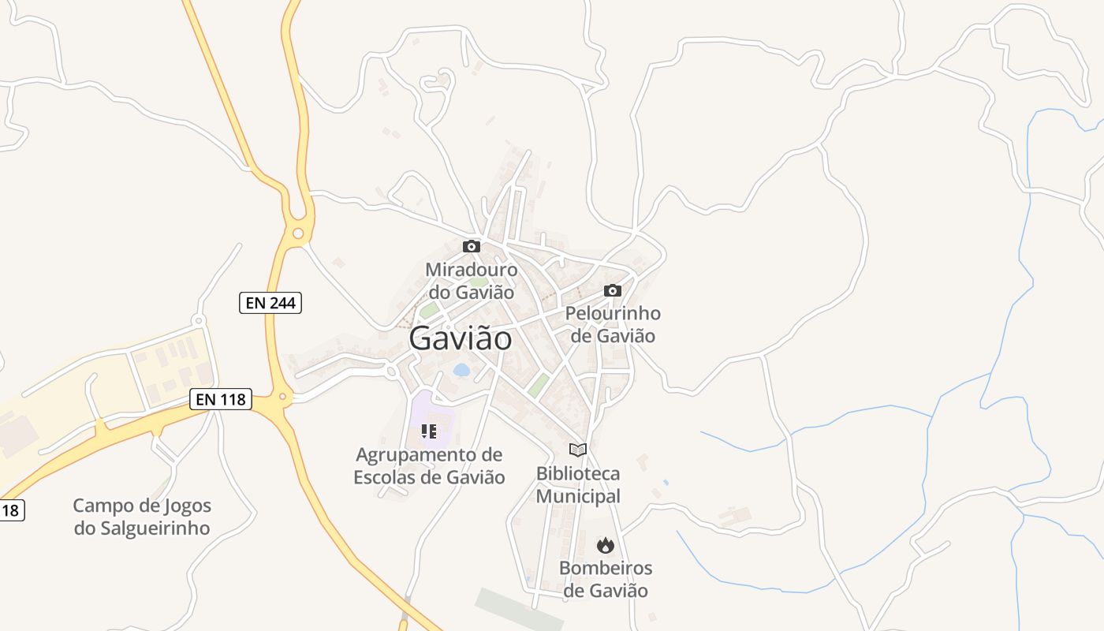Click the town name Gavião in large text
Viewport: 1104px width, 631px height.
tap(461, 338)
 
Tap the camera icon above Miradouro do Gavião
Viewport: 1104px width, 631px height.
tap(472, 246)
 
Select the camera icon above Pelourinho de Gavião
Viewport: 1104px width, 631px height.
tap(613, 290)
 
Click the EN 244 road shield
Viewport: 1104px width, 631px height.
tap(270, 302)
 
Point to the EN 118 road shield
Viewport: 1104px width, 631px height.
tap(221, 399)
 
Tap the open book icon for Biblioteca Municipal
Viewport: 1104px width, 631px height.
tap(578, 450)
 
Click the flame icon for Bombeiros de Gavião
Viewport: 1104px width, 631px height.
tap(606, 544)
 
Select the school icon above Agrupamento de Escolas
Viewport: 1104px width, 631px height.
tap(429, 431)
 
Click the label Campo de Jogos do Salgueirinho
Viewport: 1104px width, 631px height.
tap(142, 517)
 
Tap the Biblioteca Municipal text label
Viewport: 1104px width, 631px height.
tap(578, 485)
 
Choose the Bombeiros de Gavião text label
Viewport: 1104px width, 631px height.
tap(606, 579)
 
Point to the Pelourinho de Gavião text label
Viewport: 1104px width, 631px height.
tap(613, 324)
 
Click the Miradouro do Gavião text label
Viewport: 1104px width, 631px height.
tap(472, 281)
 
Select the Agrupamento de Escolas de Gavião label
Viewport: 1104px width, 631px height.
tap(429, 466)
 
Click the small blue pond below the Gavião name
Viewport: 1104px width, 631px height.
tap(461, 369)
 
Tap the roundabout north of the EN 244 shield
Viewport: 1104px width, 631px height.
tap(297, 233)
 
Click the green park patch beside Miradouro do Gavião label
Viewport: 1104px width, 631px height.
tap(429, 311)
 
